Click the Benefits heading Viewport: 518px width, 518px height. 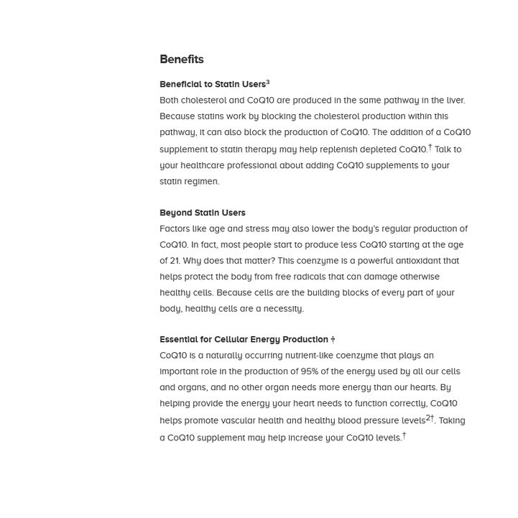point(182,60)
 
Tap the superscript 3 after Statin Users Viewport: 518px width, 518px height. point(268,83)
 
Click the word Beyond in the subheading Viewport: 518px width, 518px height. point(176,213)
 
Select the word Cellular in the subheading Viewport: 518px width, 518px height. point(231,340)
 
